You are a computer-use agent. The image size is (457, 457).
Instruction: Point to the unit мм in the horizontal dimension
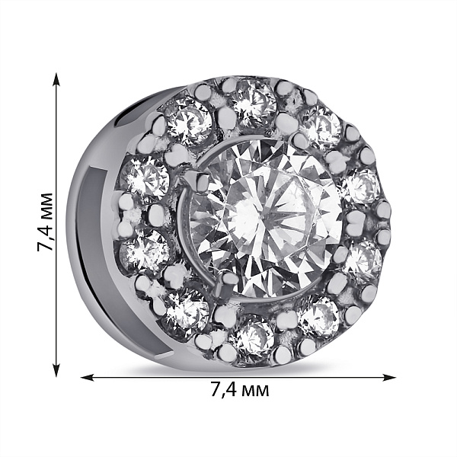(x=255, y=391)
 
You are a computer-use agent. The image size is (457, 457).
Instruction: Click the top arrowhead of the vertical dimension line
(x=56, y=79)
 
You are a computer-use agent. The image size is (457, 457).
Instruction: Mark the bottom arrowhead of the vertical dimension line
(x=56, y=369)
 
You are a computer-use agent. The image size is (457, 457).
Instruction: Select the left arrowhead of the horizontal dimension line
(x=88, y=378)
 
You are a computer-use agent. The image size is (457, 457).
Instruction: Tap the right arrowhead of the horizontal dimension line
(x=388, y=378)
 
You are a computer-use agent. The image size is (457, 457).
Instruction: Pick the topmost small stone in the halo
(x=252, y=103)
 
